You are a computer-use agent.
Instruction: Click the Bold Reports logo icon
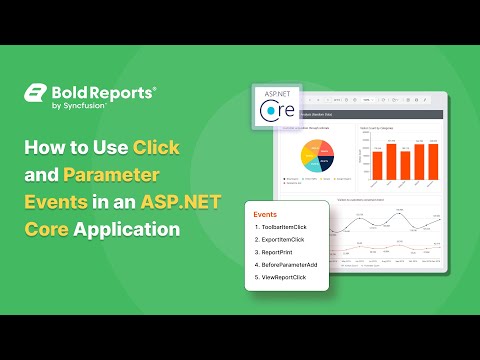coord(38,94)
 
